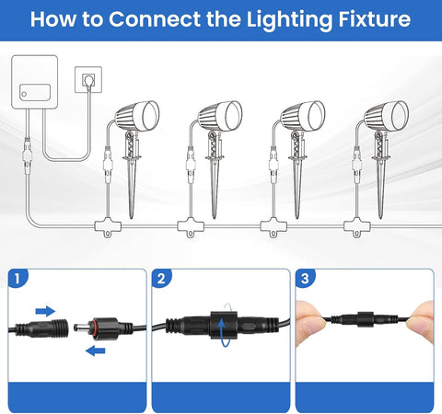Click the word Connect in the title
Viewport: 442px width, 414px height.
tap(155, 19)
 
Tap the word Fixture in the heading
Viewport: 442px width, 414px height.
tap(375, 19)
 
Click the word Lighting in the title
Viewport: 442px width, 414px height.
tap(290, 20)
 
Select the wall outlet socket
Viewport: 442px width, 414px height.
tap(88, 79)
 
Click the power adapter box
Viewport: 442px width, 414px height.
tap(34, 82)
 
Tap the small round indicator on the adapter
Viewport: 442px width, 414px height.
tap(24, 94)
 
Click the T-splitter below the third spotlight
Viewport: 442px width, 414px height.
tap(273, 227)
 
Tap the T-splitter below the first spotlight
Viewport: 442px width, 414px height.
tap(108, 227)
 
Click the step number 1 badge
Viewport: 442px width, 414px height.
tap(17, 279)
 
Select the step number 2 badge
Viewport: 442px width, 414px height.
tap(161, 279)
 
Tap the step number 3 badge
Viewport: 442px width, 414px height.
tap(305, 279)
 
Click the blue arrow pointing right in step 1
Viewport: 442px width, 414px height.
tap(45, 311)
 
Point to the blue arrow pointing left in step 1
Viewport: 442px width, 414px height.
tap(95, 351)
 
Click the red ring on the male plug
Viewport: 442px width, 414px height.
tap(91, 328)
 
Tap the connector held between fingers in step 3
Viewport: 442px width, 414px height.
tap(366, 319)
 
